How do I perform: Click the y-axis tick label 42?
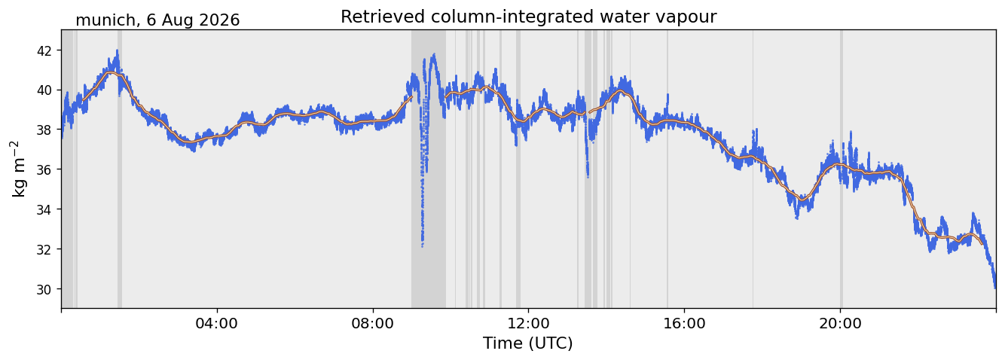tap(44, 50)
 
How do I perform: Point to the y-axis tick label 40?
tap(44, 90)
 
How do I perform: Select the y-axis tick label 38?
tap(44, 130)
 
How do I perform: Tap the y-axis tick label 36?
tap(44, 169)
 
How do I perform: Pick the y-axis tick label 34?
tap(44, 209)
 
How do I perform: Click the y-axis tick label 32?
tap(44, 249)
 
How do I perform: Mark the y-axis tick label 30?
tap(44, 289)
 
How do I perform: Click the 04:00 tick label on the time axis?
tap(217, 323)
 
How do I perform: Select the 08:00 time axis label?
tap(373, 323)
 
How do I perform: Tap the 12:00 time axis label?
tap(529, 323)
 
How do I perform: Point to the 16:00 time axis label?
tap(684, 323)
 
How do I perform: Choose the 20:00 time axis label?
tap(840, 323)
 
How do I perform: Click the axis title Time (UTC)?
tap(528, 343)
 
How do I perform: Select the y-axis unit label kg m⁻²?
tap(18, 169)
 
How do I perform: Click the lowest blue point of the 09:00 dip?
tap(422, 246)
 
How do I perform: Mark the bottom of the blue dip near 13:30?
tap(588, 177)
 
